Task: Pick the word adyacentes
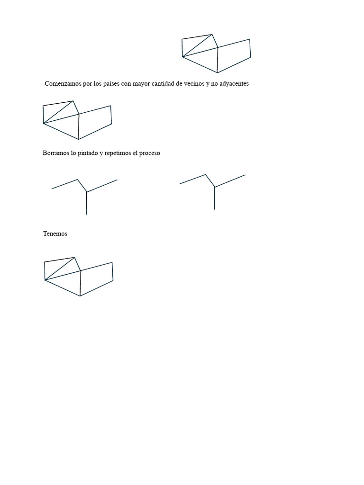coord(233,84)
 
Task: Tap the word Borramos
coord(56,153)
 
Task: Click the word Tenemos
coord(55,234)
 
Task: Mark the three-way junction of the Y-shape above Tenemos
coord(86,192)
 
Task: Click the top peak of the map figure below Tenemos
coord(74,257)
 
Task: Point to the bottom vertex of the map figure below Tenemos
coord(80,296)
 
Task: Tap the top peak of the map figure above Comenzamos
coord(212,34)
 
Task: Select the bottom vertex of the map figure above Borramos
coord(79,139)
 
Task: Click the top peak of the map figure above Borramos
coord(73,100)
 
